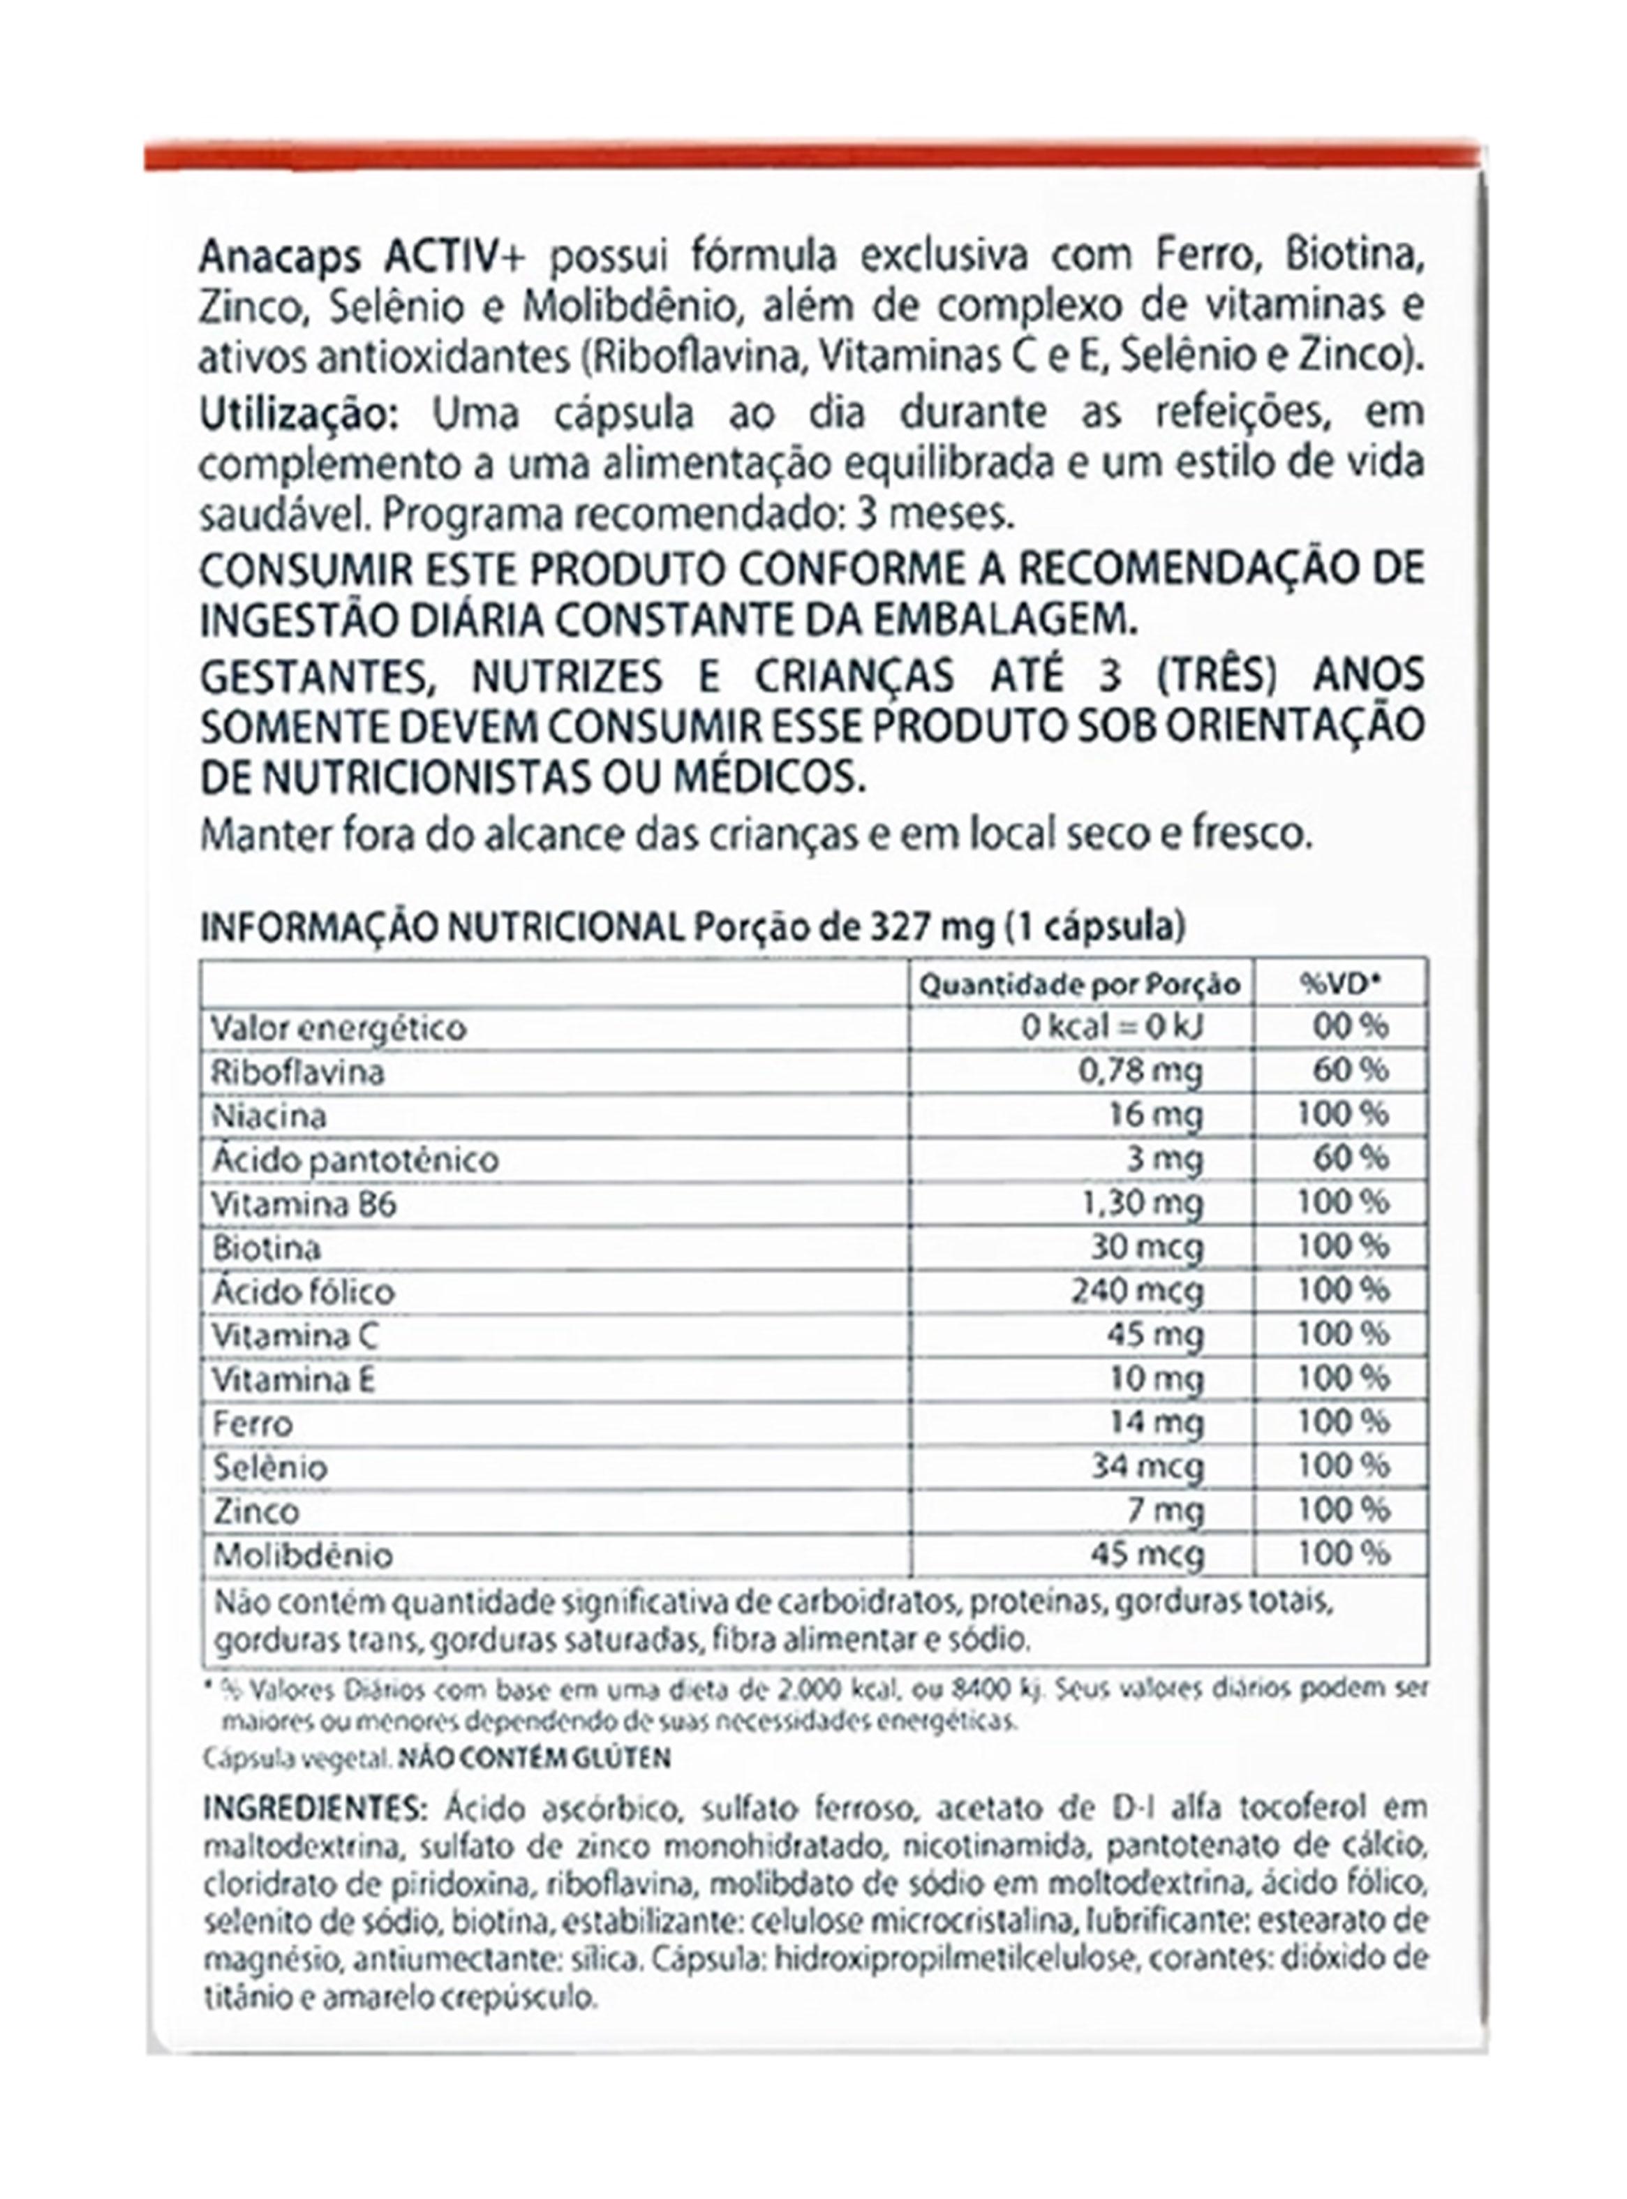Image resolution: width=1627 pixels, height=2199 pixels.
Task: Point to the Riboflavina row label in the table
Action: pyautogui.click(x=297, y=1072)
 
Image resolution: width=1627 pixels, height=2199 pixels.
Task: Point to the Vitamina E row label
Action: pyautogui.click(x=293, y=1379)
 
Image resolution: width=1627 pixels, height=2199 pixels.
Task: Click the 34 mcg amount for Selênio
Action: pyautogui.click(x=1147, y=1467)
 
